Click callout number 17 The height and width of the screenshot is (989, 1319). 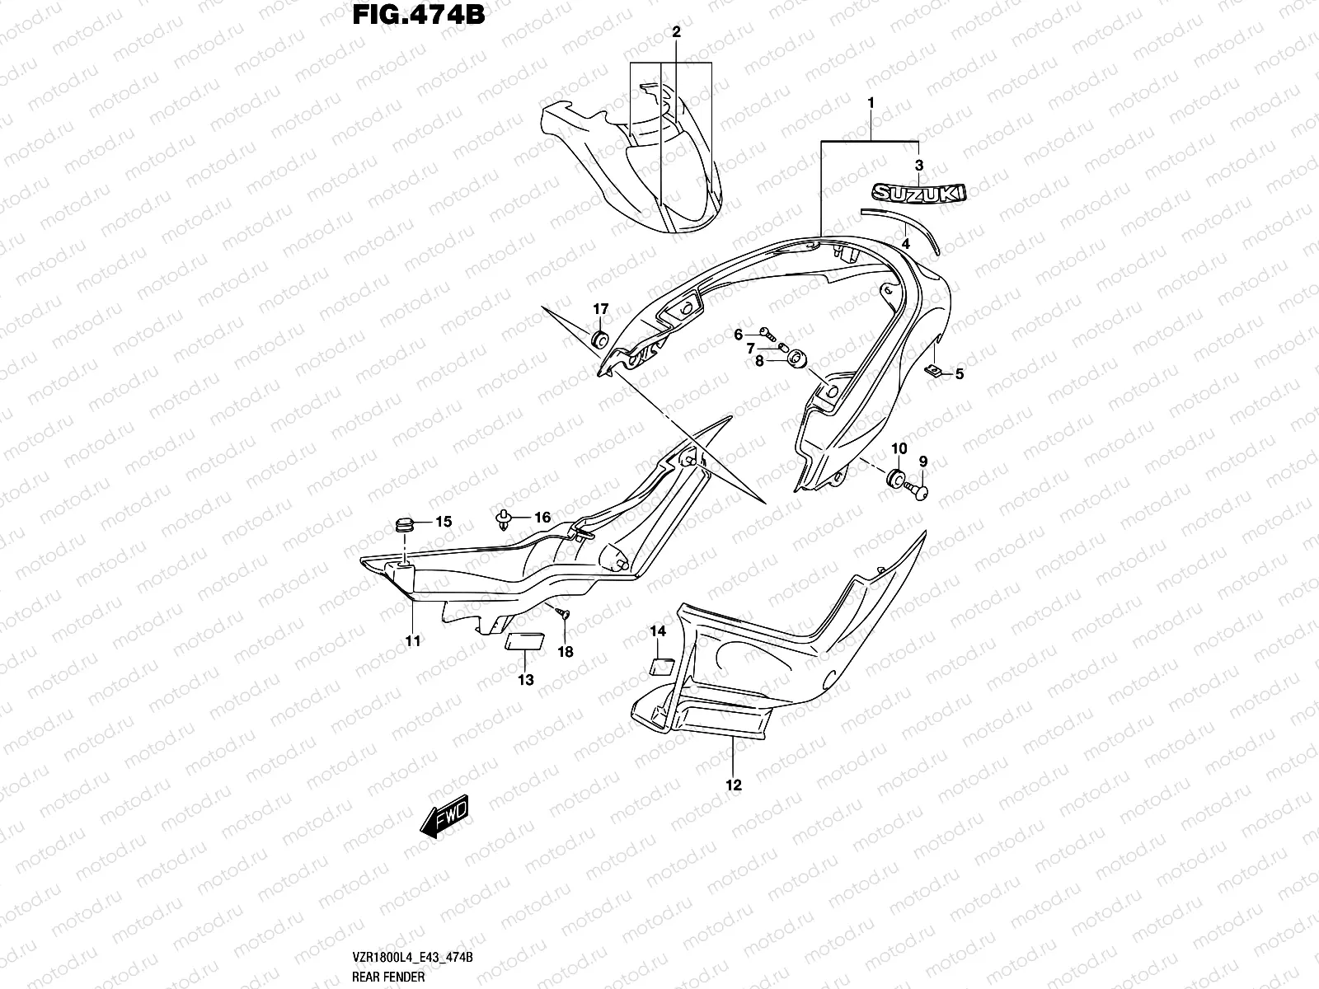point(600,309)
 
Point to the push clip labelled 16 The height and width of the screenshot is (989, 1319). point(502,518)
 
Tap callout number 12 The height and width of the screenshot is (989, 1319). point(734,785)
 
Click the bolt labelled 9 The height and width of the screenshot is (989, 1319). point(918,491)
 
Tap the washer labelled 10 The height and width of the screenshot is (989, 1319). point(894,477)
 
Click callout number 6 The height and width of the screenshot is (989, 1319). point(739,334)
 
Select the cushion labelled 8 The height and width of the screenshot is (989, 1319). point(797,359)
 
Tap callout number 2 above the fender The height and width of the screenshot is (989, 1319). point(676,32)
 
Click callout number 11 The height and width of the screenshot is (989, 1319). point(412,640)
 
